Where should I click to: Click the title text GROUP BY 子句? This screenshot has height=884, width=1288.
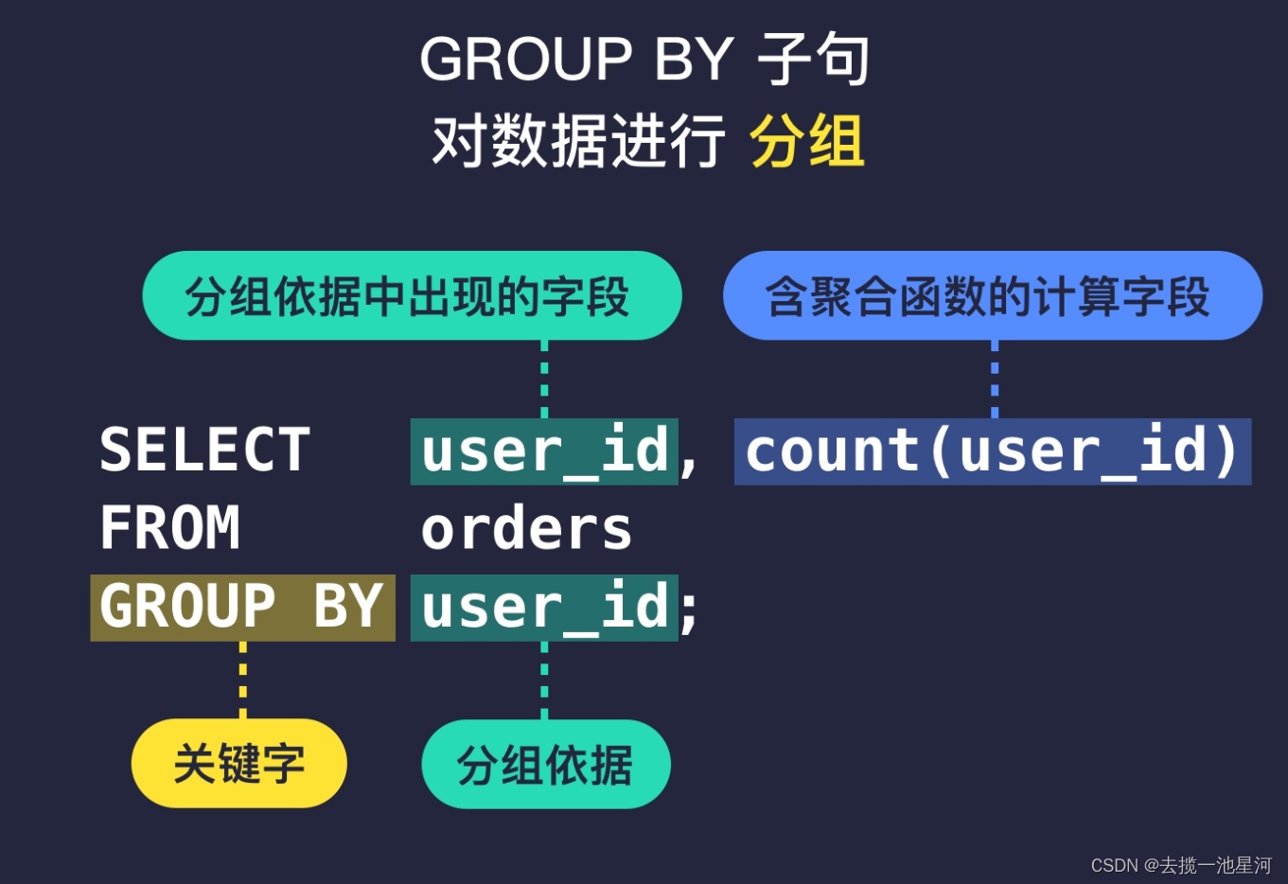click(644, 59)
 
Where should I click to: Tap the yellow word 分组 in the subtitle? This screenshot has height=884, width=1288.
click(806, 142)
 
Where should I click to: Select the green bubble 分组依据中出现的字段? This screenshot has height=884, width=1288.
click(412, 296)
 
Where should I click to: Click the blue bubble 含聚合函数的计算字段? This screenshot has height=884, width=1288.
click(992, 296)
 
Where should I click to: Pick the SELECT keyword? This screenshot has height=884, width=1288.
click(204, 451)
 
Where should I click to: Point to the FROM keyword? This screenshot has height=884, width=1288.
click(170, 528)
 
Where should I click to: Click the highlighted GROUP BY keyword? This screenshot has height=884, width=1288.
click(242, 607)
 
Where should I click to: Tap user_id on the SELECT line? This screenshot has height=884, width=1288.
click(544, 451)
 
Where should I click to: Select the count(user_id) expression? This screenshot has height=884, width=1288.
click(992, 451)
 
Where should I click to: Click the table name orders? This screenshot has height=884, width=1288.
click(526, 529)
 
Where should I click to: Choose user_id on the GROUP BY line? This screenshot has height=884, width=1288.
click(544, 608)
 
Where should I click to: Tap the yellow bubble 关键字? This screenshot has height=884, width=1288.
click(239, 763)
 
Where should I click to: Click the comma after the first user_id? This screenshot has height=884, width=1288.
click(689, 460)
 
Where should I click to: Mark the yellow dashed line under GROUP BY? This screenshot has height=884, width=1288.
click(243, 680)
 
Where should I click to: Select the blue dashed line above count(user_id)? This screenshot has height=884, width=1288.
click(995, 379)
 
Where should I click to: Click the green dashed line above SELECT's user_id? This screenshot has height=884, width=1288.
click(544, 379)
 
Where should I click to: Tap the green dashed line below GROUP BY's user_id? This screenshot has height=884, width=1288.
click(544, 680)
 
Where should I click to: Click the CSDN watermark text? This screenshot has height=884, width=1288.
click(1180, 865)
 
